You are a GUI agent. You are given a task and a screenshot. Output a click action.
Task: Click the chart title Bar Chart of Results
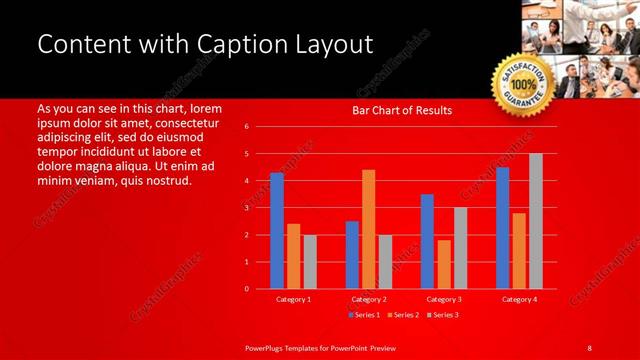pyautogui.click(x=401, y=110)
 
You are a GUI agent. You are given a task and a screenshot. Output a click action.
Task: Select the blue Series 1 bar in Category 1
pyautogui.click(x=277, y=231)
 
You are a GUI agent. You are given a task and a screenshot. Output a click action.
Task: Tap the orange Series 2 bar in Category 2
pyautogui.click(x=368, y=229)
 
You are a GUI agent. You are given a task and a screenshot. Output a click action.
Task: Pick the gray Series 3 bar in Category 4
pyautogui.click(x=536, y=221)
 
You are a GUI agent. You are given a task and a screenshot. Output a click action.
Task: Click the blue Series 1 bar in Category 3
pyautogui.click(x=427, y=241)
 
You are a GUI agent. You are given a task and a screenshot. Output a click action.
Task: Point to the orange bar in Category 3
pyautogui.click(x=443, y=264)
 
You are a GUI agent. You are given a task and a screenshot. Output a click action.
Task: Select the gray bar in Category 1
pyautogui.click(x=310, y=261)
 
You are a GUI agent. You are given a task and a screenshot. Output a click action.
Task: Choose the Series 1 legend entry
pyautogui.click(x=364, y=315)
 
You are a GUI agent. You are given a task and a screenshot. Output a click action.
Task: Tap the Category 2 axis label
pyautogui.click(x=369, y=299)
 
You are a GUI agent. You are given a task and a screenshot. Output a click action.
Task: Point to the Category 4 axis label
pyautogui.click(x=519, y=299)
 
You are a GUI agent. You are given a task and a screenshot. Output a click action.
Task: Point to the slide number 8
pyautogui.click(x=589, y=347)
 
